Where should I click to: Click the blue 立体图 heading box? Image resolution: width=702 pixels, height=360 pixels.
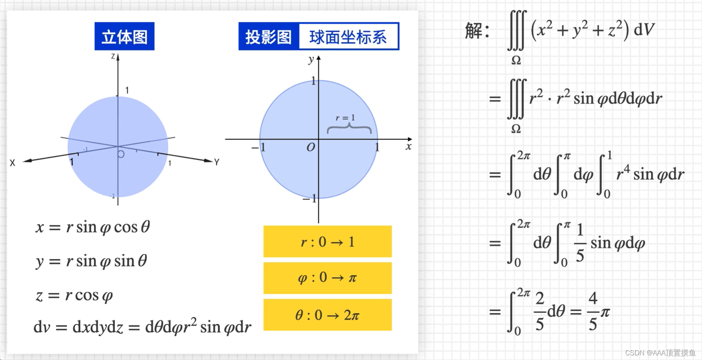pyautogui.click(x=124, y=36)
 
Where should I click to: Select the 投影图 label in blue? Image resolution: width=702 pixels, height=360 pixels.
pyautogui.click(x=268, y=37)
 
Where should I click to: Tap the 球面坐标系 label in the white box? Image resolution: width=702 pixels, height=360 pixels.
pyautogui.click(x=348, y=37)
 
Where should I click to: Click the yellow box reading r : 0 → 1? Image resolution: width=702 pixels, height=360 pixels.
pyautogui.click(x=327, y=242)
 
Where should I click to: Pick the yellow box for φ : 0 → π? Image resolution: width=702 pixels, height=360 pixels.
pyautogui.click(x=327, y=278)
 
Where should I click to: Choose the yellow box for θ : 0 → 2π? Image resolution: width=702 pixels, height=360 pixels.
pyautogui.click(x=327, y=315)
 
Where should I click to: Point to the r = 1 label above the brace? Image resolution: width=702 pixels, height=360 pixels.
pyautogui.click(x=345, y=118)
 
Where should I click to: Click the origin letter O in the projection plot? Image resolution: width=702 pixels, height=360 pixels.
pyautogui.click(x=311, y=147)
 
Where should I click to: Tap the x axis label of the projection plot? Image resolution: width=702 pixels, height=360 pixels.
pyautogui.click(x=408, y=146)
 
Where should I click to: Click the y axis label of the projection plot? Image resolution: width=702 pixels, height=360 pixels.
pyautogui.click(x=311, y=60)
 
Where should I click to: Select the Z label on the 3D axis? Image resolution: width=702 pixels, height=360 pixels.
pyautogui.click(x=113, y=56)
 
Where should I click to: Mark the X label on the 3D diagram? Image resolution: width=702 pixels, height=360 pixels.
pyautogui.click(x=13, y=163)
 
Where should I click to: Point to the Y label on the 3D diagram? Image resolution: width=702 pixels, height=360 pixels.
pyautogui.click(x=217, y=162)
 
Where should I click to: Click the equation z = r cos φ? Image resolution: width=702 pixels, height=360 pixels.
pyautogui.click(x=74, y=295)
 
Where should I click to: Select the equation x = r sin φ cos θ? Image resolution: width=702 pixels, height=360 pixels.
pyautogui.click(x=93, y=227)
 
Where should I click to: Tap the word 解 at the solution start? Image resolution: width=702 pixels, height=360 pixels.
pyautogui.click(x=474, y=30)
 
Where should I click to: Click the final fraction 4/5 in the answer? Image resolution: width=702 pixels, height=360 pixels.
pyautogui.click(x=593, y=311)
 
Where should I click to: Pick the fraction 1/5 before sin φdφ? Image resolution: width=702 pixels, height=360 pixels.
pyautogui.click(x=580, y=243)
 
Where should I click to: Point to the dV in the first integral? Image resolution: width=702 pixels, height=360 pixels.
pyautogui.click(x=644, y=30)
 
